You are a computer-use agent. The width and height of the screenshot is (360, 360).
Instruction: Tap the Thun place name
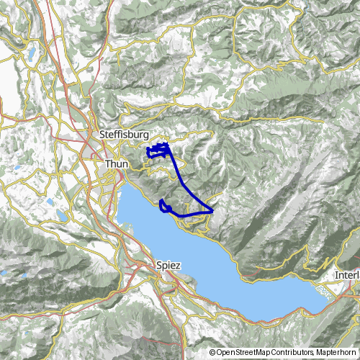click(x=116, y=164)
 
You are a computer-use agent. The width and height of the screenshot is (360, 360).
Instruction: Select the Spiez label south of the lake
click(x=168, y=266)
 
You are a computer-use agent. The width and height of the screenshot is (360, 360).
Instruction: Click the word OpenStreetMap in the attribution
click(x=243, y=352)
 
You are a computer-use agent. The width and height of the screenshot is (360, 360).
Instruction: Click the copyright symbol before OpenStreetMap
click(x=213, y=352)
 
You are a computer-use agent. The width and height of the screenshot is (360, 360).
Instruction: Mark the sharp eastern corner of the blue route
click(x=213, y=210)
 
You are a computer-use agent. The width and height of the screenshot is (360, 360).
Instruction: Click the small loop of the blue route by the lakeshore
click(x=165, y=207)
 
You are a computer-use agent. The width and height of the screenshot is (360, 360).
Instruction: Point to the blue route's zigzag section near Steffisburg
click(x=158, y=150)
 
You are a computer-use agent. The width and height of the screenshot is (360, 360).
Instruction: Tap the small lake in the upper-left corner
click(x=34, y=53)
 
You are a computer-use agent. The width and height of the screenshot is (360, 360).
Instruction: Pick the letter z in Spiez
click(x=178, y=266)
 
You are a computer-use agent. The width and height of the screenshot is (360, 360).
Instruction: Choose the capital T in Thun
click(x=107, y=164)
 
